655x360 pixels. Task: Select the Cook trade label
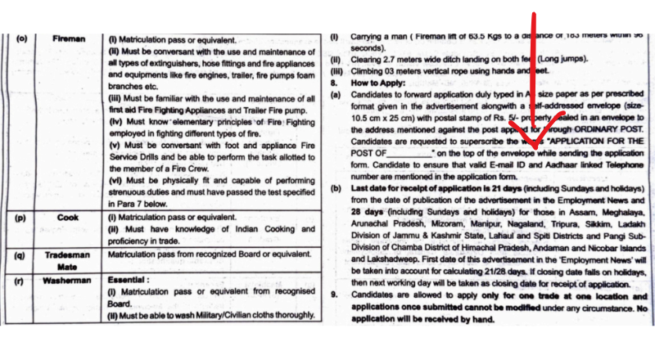click(x=68, y=218)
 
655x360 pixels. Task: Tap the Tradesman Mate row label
click(x=68, y=259)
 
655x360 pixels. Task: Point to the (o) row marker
click(x=22, y=38)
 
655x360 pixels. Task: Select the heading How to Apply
click(x=380, y=83)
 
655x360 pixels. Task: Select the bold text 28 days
click(x=370, y=210)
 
